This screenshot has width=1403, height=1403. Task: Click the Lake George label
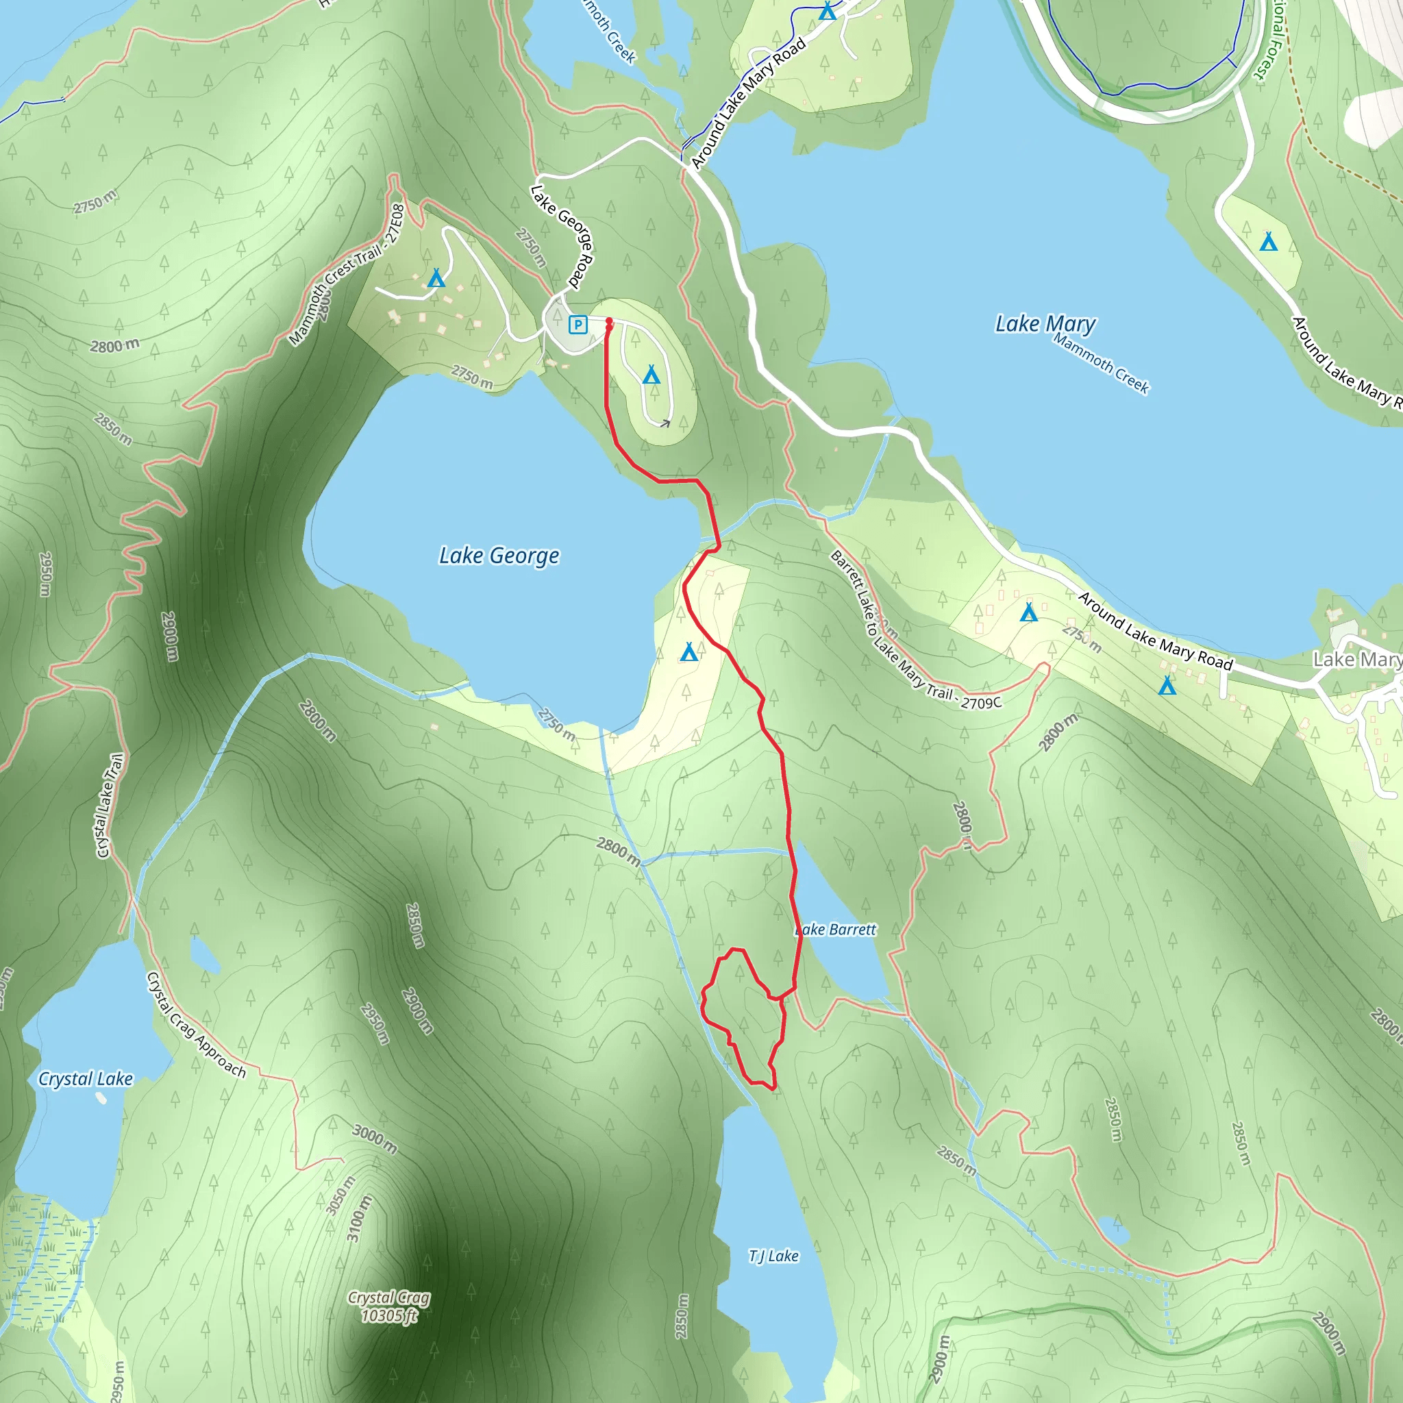pyautogui.click(x=499, y=556)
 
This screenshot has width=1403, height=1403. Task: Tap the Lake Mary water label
pyautogui.click(x=1045, y=324)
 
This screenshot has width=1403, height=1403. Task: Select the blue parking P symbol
pyautogui.click(x=578, y=325)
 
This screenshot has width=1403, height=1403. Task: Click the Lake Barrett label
pyautogui.click(x=836, y=930)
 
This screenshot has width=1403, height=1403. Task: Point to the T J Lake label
pyautogui.click(x=773, y=1256)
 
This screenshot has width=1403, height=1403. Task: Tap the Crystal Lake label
pyautogui.click(x=86, y=1079)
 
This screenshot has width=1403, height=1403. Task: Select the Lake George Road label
pyautogui.click(x=563, y=235)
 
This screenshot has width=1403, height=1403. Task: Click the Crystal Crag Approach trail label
pyautogui.click(x=196, y=1025)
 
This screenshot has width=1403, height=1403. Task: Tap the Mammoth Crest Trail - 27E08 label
pyautogui.click(x=347, y=275)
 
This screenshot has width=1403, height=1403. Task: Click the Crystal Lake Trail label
pyautogui.click(x=110, y=806)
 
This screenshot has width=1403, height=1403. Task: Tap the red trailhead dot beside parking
pyautogui.click(x=608, y=322)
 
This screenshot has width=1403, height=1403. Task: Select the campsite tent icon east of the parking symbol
pyautogui.click(x=651, y=375)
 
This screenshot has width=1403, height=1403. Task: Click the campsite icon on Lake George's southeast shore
pyautogui.click(x=688, y=652)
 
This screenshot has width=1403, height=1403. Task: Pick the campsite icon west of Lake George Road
pyautogui.click(x=436, y=278)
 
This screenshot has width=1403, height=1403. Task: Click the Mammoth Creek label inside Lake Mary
pyautogui.click(x=1101, y=364)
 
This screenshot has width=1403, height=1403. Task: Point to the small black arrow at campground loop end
pyautogui.click(x=665, y=423)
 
